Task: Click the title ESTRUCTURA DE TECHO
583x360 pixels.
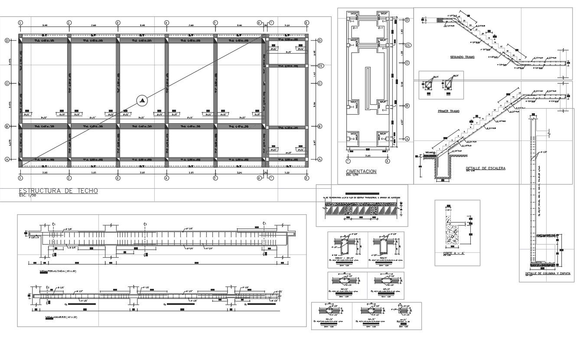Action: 59,191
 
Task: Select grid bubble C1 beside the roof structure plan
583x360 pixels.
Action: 321,66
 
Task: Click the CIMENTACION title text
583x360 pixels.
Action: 361,172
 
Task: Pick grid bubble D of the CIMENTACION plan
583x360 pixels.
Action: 407,20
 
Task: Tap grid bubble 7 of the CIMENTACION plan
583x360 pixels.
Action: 347,160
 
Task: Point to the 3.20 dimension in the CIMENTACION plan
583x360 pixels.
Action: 367,155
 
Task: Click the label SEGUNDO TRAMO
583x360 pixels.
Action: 462,57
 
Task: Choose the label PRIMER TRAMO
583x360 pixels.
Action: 449,111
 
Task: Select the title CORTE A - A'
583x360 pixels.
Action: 453,253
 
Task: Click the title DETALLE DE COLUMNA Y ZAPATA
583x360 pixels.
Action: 547,274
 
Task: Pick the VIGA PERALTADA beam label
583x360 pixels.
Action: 56,271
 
